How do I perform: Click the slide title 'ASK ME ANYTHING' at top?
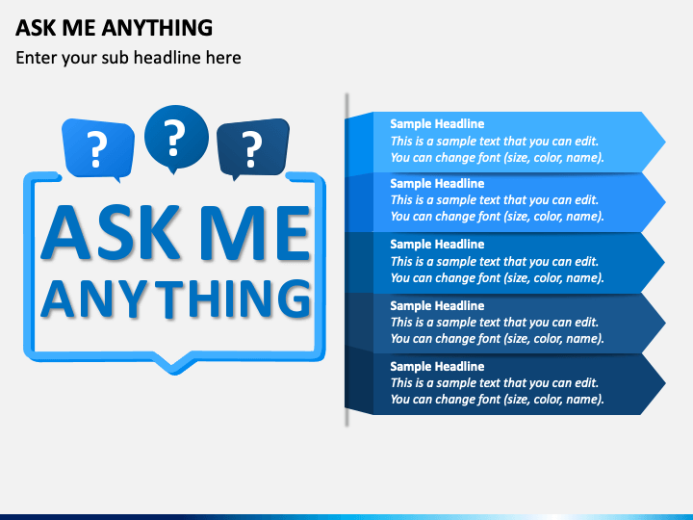click(114, 27)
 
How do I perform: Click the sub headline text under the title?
click(128, 58)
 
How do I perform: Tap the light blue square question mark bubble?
click(96, 147)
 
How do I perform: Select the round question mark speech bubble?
click(175, 138)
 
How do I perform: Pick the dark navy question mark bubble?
click(252, 147)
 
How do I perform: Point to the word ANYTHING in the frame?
click(176, 299)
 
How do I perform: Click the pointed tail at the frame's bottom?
click(174, 364)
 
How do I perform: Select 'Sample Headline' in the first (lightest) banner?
click(437, 124)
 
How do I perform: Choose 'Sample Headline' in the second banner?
click(437, 184)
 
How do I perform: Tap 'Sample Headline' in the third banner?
click(437, 245)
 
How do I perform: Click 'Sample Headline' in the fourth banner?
click(437, 305)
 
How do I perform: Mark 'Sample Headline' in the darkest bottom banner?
click(437, 367)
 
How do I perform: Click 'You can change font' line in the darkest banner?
click(497, 400)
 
